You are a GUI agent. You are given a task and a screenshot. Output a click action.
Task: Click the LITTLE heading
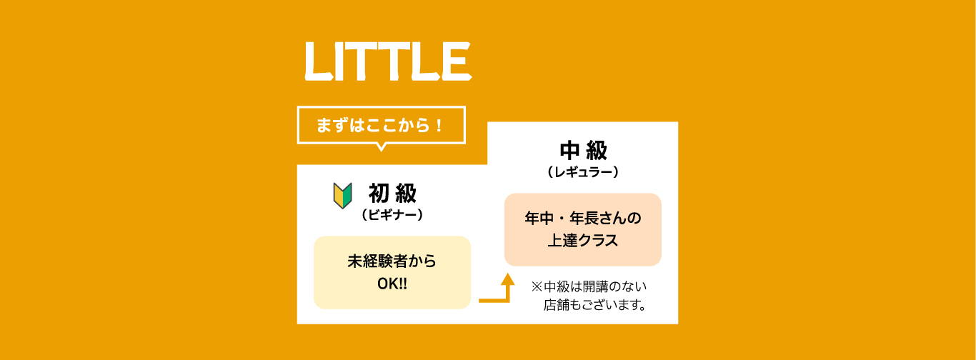click(388, 61)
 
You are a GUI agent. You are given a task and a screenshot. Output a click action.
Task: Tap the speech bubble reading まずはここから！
click(382, 125)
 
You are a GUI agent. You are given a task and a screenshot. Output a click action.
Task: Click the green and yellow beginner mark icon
click(342, 196)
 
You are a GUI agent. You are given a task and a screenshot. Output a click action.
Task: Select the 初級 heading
click(392, 194)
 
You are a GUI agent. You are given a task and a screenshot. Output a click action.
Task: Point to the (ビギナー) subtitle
click(392, 215)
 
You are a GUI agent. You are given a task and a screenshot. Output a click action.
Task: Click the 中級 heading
click(583, 151)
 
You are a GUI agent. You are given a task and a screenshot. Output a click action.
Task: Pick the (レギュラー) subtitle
click(583, 172)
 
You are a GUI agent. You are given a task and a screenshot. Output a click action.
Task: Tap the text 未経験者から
click(392, 261)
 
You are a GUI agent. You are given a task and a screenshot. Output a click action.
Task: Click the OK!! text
click(392, 284)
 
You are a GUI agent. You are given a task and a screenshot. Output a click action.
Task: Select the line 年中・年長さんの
click(583, 218)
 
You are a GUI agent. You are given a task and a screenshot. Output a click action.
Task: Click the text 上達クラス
click(583, 241)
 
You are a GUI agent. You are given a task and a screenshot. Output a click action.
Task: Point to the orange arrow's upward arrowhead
click(507, 279)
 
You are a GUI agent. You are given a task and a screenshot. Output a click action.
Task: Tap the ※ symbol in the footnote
click(537, 286)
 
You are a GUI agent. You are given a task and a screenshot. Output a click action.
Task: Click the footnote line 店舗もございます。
click(594, 305)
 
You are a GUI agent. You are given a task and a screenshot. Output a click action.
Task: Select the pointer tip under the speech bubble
click(382, 151)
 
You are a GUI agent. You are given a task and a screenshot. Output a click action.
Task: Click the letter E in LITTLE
click(457, 61)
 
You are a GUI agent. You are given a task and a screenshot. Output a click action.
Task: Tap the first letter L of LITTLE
click(319, 61)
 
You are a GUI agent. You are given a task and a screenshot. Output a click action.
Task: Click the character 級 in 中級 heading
click(597, 151)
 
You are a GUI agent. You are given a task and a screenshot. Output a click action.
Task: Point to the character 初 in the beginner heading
click(379, 194)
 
